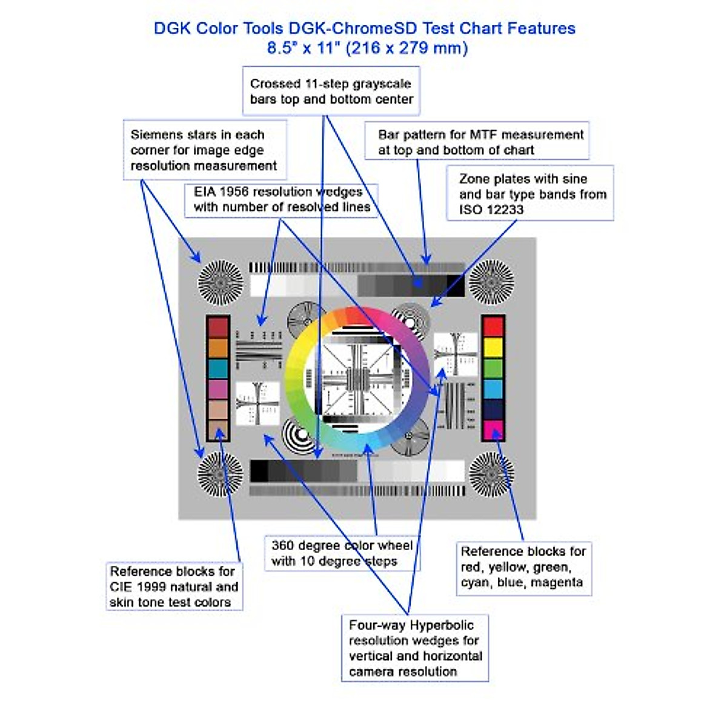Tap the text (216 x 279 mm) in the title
point(407,48)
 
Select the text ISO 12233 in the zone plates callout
point(491,210)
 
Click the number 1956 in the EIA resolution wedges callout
point(234,192)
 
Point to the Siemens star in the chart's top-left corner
point(220,283)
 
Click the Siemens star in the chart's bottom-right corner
point(491,474)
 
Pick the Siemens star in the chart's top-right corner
point(491,282)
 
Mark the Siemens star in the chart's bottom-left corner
point(220,474)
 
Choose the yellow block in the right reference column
point(493,347)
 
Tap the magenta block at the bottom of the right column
point(493,430)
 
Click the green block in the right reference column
point(493,368)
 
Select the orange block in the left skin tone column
point(218,348)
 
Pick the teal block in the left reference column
point(218,368)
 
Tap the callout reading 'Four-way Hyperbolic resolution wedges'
point(415,648)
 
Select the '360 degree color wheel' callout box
point(342,553)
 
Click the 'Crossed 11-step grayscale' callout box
point(331,91)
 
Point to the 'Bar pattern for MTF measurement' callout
point(477,142)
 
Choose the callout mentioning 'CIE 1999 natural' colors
point(174,586)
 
